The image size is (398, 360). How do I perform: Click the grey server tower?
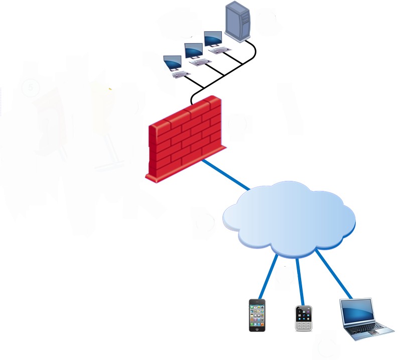tap(238, 21)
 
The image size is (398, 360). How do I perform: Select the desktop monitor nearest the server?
tap(213, 39)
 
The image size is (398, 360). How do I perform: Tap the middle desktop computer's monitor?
tap(193, 50)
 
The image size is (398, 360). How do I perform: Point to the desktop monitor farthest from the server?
tap(173, 62)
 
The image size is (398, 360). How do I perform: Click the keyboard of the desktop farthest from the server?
tap(181, 75)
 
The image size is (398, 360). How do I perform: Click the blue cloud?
tap(289, 216)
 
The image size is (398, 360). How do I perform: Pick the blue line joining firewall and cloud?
tap(226, 175)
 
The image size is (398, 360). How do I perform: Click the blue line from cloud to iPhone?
tap(269, 276)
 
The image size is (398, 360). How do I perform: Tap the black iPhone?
tap(257, 315)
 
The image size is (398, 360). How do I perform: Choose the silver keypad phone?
tap(303, 317)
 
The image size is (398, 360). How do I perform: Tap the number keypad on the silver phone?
tap(303, 325)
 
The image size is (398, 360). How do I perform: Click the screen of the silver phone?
tap(303, 313)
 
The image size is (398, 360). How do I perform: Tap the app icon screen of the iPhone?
tap(257, 315)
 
